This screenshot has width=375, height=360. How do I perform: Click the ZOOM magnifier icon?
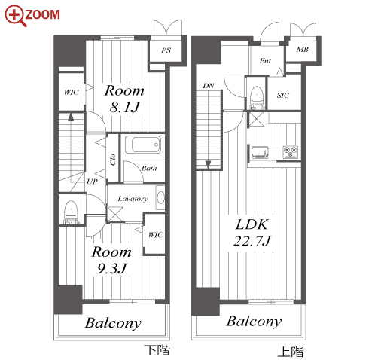tap(15, 15)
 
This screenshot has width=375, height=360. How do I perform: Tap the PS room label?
tap(166, 50)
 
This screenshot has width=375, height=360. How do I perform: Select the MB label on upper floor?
tap(302, 50)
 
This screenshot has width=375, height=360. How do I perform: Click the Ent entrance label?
tap(265, 61)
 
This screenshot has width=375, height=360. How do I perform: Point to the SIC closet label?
tap(283, 95)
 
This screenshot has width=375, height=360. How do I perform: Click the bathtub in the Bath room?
tap(142, 145)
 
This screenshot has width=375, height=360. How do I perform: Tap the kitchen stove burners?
tap(291, 152)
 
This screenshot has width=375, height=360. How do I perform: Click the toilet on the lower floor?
tap(71, 212)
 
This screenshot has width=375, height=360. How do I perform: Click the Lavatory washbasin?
tap(160, 197)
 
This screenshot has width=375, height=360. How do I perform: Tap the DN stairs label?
tap(209, 86)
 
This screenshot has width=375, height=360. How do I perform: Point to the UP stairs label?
tap(92, 182)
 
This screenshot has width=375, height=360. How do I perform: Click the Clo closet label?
tap(113, 160)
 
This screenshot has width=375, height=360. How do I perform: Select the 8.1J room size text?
tap(124, 107)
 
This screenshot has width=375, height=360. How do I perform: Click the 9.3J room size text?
tap(112, 268)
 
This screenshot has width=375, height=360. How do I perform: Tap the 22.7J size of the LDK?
tap(252, 240)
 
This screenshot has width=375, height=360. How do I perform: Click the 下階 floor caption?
tap(157, 349)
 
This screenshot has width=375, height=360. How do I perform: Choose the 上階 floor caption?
tap(291, 352)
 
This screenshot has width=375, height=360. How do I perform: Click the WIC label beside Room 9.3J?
tap(156, 235)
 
